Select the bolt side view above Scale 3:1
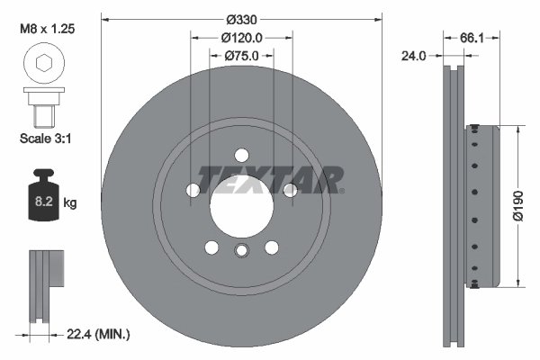coord(41,106)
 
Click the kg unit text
coord(70,204)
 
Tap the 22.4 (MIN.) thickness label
coord(100,334)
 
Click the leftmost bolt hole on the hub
coord(193,190)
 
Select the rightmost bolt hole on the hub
coord(289,190)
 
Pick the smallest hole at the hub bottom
coord(240,252)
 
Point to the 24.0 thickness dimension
coord(415,55)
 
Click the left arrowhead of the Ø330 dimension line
coord(105,18)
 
